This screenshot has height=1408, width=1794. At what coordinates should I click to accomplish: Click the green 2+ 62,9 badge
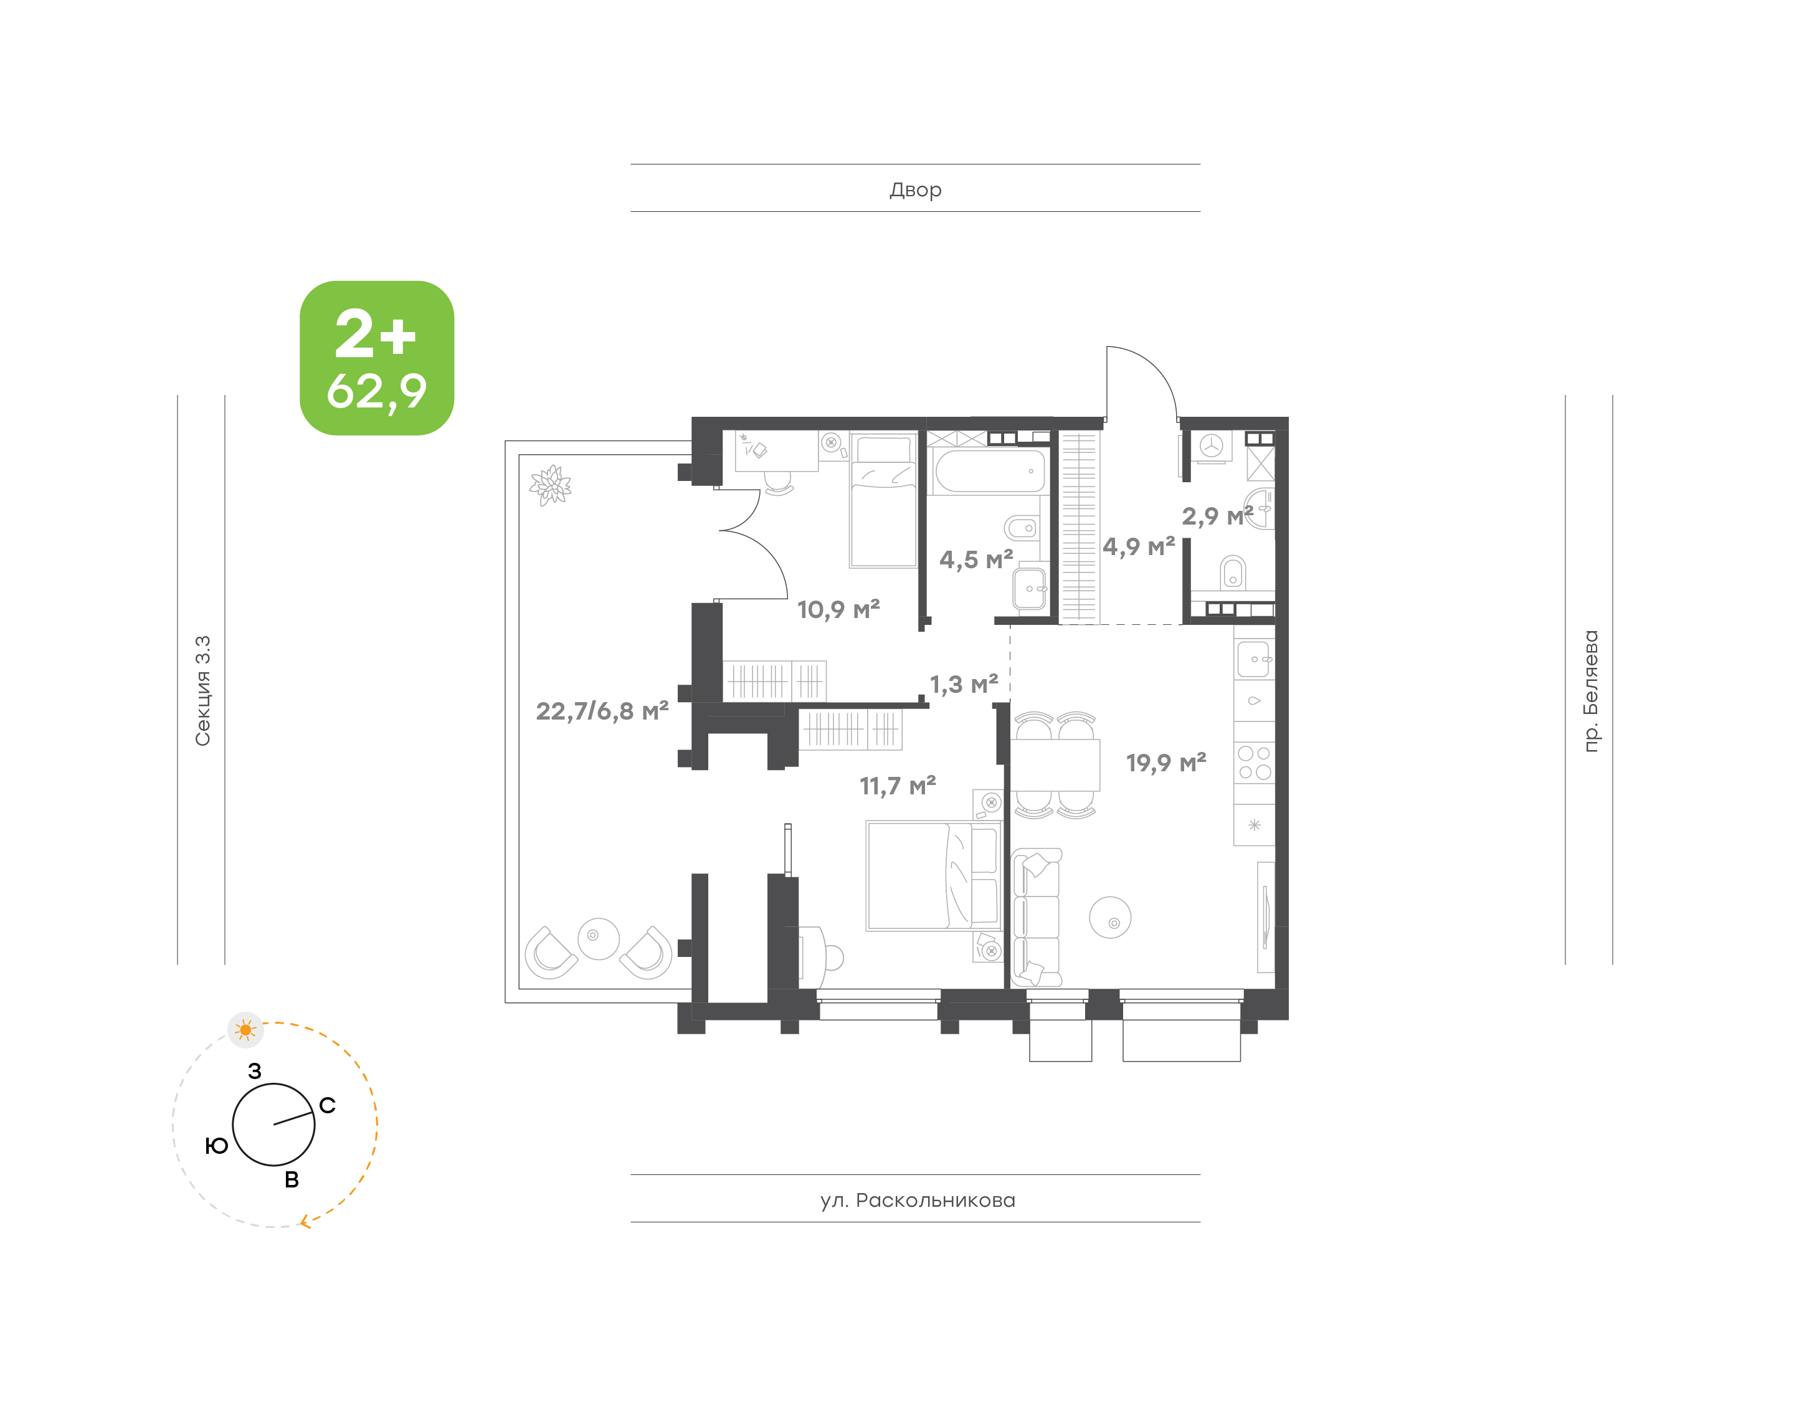tap(377, 358)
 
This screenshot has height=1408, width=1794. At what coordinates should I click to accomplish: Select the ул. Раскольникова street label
tap(917, 1201)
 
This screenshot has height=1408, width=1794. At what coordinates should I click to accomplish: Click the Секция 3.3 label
tap(202, 691)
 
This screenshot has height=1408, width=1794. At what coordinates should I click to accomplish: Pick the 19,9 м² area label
tap(1166, 763)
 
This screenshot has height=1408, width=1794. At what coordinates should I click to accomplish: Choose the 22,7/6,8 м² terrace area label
tap(602, 711)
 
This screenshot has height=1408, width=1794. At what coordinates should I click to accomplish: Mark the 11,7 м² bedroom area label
tap(898, 786)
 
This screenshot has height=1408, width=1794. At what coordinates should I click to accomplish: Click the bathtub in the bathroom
tap(990, 471)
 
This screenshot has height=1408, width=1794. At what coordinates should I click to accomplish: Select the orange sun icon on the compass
tap(245, 1030)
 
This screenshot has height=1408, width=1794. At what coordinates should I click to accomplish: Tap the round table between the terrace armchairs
tap(598, 939)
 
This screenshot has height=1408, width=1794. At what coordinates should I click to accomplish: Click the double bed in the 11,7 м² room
tap(934, 875)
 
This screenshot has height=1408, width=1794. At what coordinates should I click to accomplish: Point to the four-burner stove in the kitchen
tap(1254, 763)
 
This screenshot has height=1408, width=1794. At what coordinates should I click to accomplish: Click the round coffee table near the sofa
tap(1110, 918)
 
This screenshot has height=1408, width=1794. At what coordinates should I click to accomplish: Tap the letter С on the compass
tap(327, 1105)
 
